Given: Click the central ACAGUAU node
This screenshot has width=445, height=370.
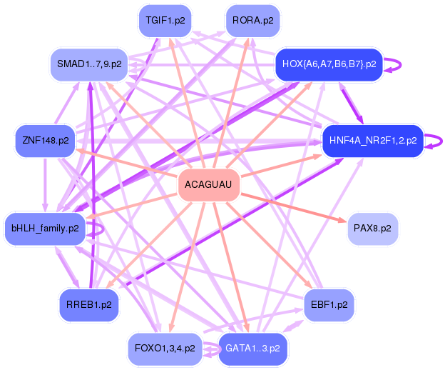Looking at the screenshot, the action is (x=208, y=185).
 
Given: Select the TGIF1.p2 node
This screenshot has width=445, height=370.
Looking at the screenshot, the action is (x=165, y=21).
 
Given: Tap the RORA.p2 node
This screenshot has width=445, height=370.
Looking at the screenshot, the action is (x=252, y=21).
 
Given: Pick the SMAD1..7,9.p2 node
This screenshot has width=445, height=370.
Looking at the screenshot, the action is (x=89, y=64).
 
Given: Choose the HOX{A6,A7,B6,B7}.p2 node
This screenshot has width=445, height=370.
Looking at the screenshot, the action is (x=329, y=64).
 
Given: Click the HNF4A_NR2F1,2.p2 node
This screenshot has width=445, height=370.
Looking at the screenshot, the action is (x=373, y=141).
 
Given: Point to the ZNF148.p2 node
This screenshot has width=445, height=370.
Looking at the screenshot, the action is (x=46, y=141).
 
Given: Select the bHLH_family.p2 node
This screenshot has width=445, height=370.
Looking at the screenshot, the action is (x=45, y=229).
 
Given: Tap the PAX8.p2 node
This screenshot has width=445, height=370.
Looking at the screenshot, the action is (x=372, y=229).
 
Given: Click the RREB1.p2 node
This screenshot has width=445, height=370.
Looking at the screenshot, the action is (x=89, y=305).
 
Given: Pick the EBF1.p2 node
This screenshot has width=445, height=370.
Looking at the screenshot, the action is (x=329, y=305).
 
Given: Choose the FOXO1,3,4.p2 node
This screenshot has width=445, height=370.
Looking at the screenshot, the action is (x=165, y=349).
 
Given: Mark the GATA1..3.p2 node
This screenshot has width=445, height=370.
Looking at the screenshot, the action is (x=252, y=349).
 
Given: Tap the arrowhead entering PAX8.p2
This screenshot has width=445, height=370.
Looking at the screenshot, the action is (x=342, y=220).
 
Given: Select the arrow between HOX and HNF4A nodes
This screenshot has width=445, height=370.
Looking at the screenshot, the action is (x=352, y=103).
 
